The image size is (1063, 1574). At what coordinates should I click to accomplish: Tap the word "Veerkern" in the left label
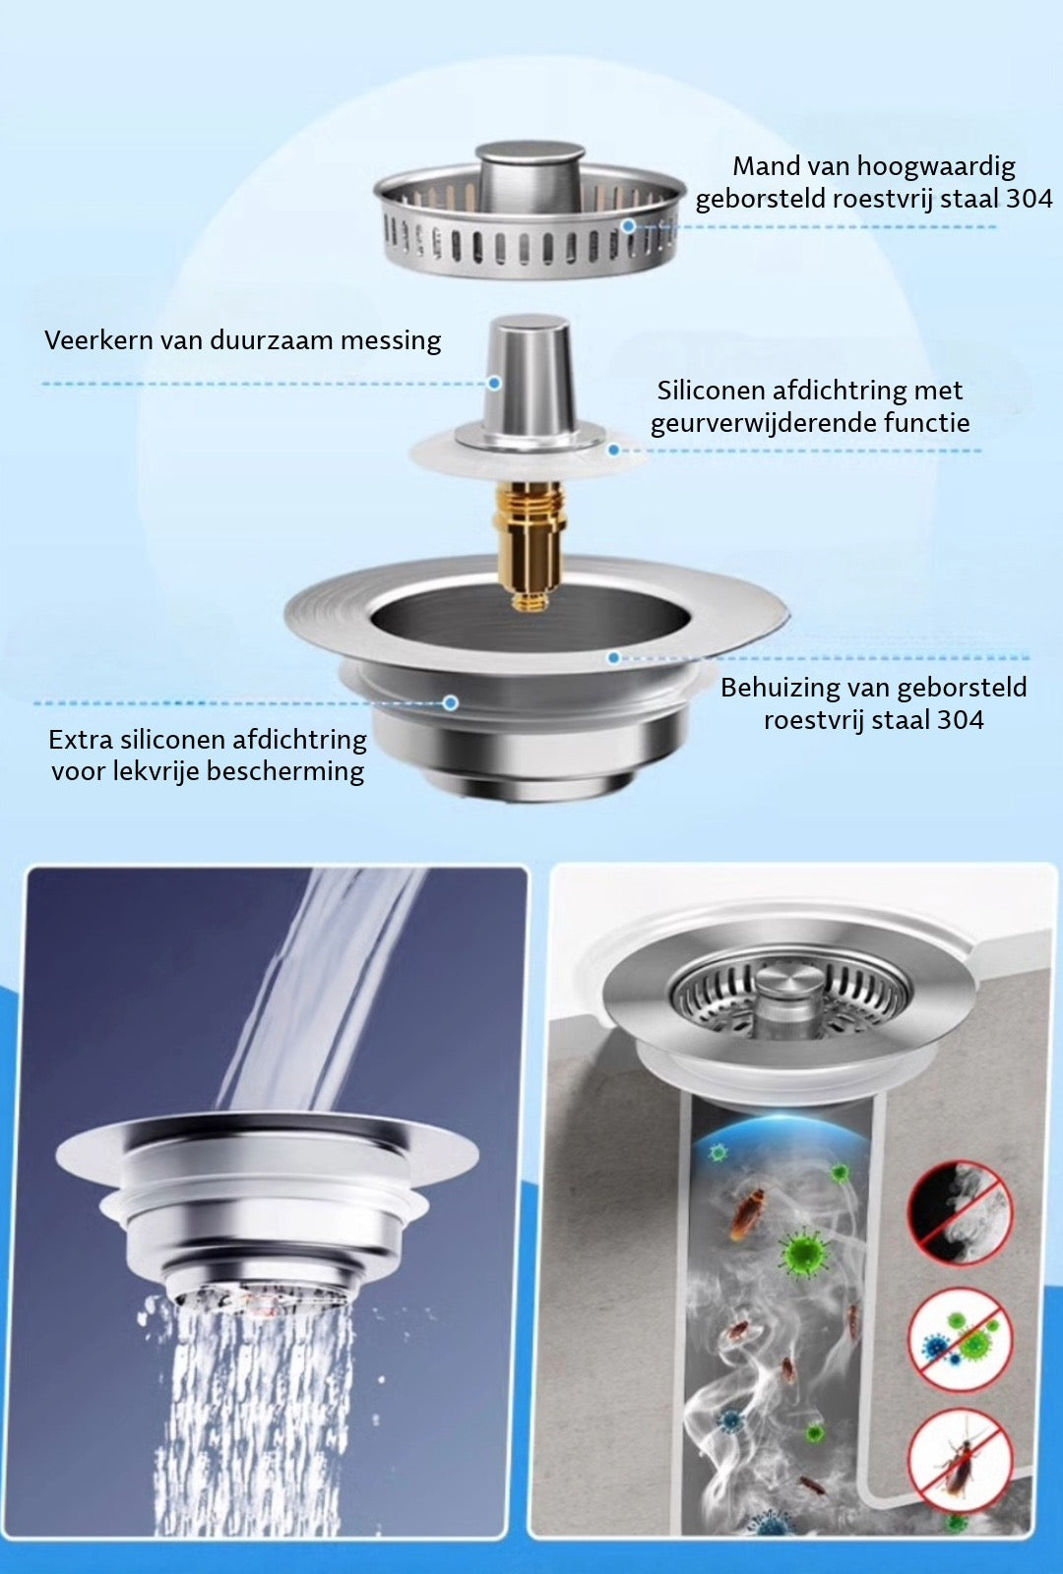tap(98, 340)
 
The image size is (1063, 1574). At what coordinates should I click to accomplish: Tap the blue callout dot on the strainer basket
tap(629, 225)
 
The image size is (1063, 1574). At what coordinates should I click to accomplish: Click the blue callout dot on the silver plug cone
tap(494, 383)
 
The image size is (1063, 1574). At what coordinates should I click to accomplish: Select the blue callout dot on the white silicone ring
tap(614, 449)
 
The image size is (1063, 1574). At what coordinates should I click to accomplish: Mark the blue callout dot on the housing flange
tap(614, 658)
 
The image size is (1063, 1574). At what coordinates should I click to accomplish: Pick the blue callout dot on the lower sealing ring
tap(451, 702)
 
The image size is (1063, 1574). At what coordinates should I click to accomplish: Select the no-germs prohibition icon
tap(961, 1343)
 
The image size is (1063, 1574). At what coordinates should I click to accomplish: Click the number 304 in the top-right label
tap(1029, 199)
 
